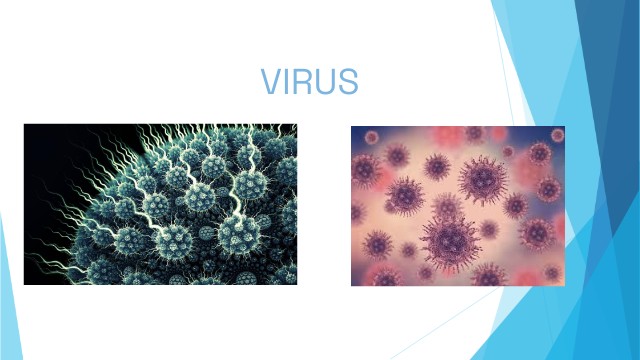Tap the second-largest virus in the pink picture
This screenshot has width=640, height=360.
(x=483, y=180)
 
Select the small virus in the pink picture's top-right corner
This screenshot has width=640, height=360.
(x=558, y=135)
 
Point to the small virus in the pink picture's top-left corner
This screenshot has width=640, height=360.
(x=371, y=137)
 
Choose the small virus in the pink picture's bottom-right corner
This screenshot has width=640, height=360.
(x=553, y=273)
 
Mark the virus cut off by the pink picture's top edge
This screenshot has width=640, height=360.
(x=474, y=133)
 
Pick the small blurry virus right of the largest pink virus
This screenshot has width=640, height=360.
(x=489, y=230)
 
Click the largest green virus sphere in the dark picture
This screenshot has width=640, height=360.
(x=239, y=235)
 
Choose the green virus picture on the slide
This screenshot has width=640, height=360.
(x=160, y=204)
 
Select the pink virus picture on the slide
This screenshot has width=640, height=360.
(x=458, y=206)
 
